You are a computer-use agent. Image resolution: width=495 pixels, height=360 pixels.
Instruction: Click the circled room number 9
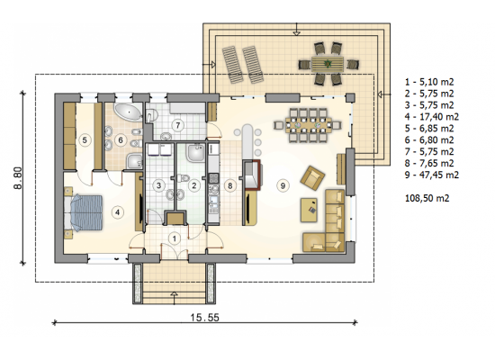tap(283, 185)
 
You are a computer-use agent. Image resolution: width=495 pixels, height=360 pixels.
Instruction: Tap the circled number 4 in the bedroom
tap(117, 211)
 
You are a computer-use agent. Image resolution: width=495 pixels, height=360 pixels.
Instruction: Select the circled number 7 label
tap(178, 125)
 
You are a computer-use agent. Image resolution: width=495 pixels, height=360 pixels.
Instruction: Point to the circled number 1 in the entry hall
tap(175, 238)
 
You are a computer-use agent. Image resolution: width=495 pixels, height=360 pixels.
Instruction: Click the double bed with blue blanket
tap(84, 213)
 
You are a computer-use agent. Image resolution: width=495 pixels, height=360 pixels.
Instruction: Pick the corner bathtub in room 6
tap(128, 112)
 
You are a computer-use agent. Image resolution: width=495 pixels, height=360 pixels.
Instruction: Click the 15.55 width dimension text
tap(204, 317)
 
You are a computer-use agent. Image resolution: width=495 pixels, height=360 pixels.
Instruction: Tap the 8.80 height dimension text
tap(18, 178)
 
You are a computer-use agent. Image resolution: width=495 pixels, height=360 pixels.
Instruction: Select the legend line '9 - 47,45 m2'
tap(432, 175)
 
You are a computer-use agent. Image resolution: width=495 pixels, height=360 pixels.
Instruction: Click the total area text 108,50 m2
tap(427, 198)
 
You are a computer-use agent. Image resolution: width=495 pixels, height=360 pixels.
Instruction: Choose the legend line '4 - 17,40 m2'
tap(432, 117)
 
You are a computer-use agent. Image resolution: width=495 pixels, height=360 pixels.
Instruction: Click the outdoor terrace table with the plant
tap(328, 64)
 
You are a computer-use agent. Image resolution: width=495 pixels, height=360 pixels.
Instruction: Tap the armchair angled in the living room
tap(312, 178)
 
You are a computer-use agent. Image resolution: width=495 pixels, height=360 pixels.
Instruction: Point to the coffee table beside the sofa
tap(309, 210)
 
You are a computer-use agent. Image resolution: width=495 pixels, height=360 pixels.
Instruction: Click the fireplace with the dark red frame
tap(252, 175)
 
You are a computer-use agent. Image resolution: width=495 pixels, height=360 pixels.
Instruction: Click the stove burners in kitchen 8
tap(213, 178)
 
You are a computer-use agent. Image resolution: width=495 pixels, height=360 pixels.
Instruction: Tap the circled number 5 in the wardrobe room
tap(85, 139)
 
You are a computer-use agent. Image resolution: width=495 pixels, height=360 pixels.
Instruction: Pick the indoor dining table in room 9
tap(309, 125)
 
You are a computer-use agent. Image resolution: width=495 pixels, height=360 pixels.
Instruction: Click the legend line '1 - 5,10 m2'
tap(429, 82)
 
